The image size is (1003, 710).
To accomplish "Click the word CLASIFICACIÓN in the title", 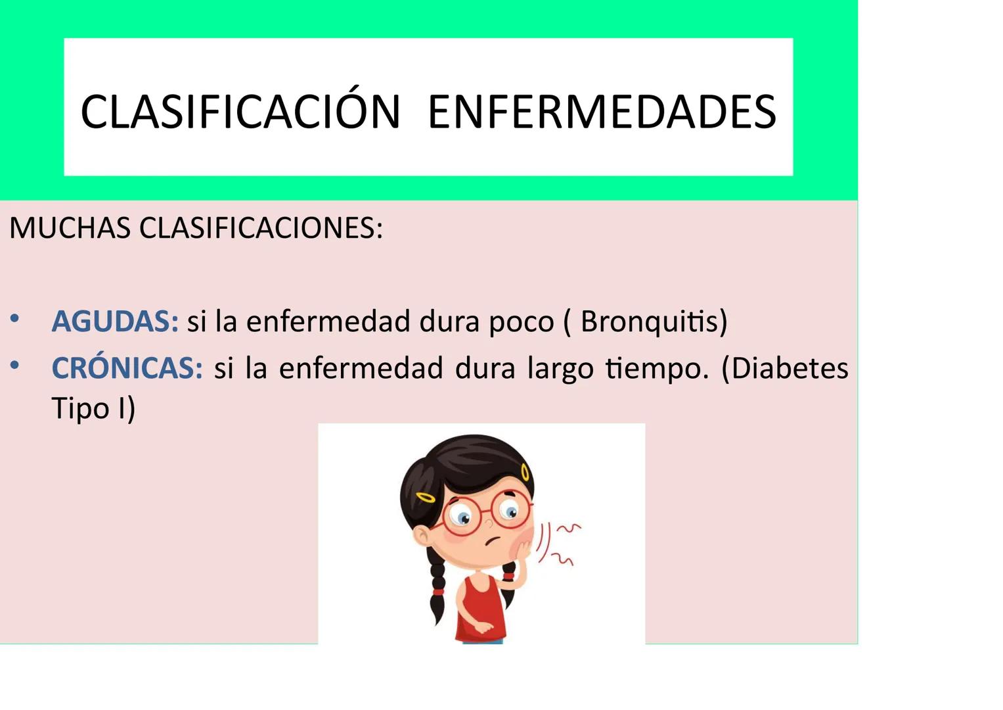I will click(240, 112).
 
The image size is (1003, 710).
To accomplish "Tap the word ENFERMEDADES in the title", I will click(602, 112).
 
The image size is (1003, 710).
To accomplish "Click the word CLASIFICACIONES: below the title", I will click(261, 228).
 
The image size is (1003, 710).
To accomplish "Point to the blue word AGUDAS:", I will click(115, 321).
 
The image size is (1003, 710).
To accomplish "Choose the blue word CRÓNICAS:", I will click(127, 368).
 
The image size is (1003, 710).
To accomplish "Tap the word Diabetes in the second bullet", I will click(790, 368).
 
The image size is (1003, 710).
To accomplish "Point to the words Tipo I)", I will click(93, 408).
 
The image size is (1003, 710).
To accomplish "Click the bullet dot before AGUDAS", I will click(14, 320).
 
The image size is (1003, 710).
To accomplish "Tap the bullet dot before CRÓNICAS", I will click(14, 366).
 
